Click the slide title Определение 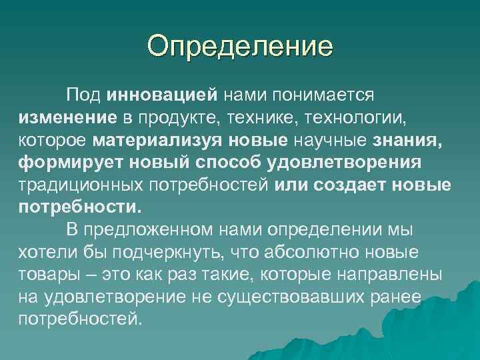[x=240, y=47]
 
